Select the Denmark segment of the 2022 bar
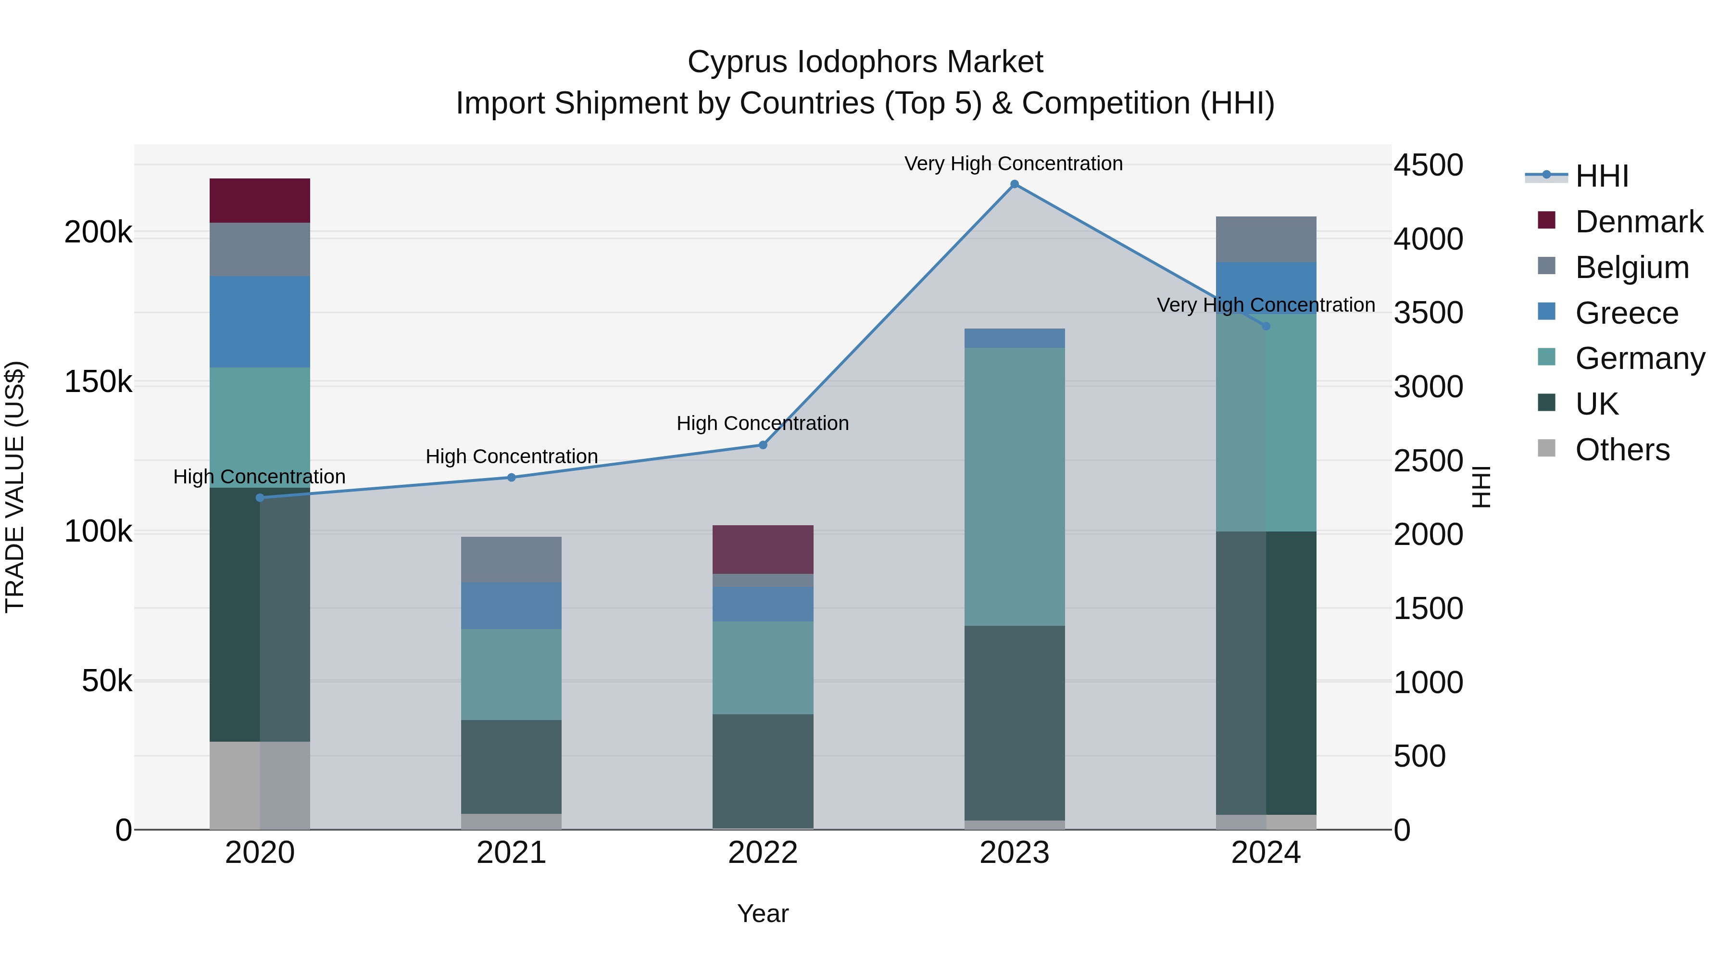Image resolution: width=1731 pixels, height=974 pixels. coord(763,549)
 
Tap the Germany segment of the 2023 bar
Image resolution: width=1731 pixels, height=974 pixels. coord(1014,487)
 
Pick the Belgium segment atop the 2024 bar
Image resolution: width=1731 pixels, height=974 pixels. coord(1266,240)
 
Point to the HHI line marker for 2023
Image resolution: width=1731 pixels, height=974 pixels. coord(1014,184)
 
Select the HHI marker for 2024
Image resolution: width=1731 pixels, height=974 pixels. coord(1266,326)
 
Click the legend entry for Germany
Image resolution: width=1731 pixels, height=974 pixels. coord(1640,358)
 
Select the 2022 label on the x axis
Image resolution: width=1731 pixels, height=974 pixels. coord(763,853)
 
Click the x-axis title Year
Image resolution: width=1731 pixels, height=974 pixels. coord(763,913)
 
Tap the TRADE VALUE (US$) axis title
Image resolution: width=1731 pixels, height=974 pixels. coord(15,487)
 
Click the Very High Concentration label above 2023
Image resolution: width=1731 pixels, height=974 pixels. coord(1013,164)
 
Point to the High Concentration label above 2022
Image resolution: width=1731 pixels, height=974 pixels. coord(763,423)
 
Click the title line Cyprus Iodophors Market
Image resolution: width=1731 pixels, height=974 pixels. coord(865,62)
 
